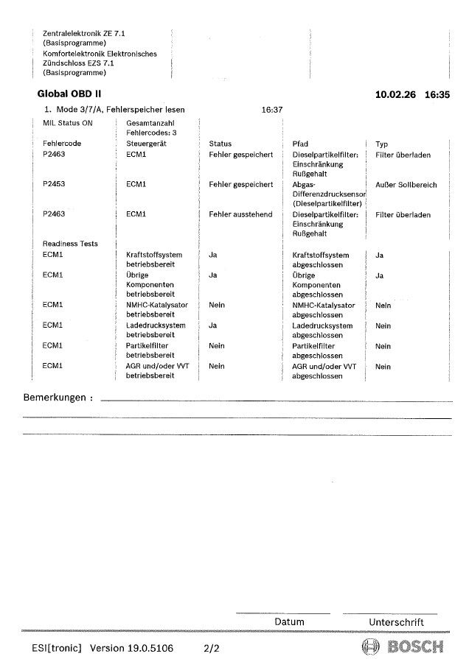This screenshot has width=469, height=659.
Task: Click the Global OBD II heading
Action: point(69,94)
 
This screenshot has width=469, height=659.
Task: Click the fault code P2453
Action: point(54,185)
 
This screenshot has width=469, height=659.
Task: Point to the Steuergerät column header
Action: point(147,144)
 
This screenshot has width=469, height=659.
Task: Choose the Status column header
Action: point(220,144)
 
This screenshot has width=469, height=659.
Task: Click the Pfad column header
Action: point(300,144)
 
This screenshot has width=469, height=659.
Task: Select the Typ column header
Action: point(381,144)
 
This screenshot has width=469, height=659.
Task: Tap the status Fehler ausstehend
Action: point(240,215)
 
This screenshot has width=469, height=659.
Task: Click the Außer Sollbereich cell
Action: point(406,185)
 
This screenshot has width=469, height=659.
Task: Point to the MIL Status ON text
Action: point(68,124)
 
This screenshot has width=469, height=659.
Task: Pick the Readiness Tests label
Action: point(70,244)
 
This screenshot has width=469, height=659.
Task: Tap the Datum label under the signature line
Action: point(288,622)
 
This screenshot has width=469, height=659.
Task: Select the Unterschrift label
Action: point(396,622)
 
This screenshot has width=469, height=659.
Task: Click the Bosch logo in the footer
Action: point(403,647)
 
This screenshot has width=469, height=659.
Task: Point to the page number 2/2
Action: point(212,647)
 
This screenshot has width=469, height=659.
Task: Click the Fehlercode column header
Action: point(62,144)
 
